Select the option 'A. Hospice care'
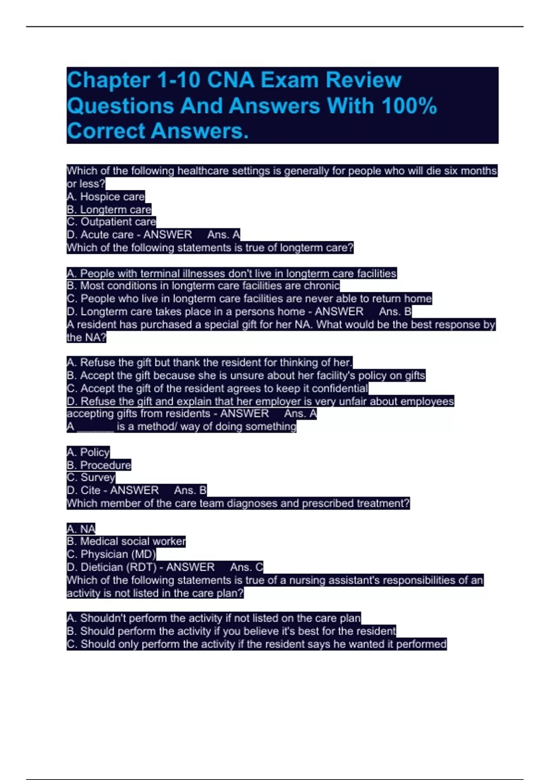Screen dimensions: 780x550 coord(105,197)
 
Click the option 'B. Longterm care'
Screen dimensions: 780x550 coord(109,210)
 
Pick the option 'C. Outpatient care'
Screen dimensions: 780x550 coord(111,222)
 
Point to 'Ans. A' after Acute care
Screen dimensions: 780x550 coord(223,235)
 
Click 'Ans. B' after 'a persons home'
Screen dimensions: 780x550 coord(395,312)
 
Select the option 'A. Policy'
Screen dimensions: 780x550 coord(88,452)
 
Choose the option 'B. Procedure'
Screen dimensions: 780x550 coord(99,465)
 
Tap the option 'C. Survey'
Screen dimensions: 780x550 coord(91,478)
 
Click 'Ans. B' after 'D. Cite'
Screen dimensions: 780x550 coord(190,490)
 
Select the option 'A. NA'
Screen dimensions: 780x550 coord(81,529)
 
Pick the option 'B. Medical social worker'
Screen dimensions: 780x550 coord(126,541)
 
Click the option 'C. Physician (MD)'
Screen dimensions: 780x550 coord(111,554)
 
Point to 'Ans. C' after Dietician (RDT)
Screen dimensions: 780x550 coord(246,567)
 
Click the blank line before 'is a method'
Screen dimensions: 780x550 coord(95,427)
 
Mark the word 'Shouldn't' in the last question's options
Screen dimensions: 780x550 coord(97,618)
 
